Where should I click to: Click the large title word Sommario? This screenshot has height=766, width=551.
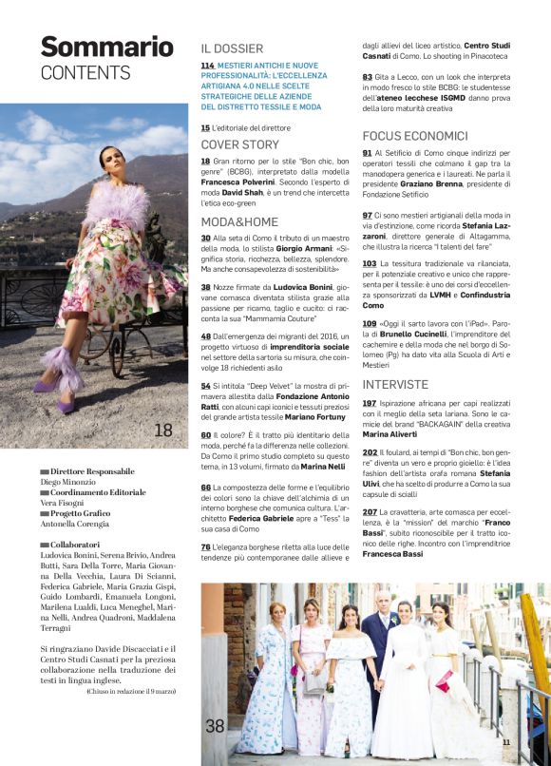point(106,47)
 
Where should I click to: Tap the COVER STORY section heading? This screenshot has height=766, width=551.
point(239,144)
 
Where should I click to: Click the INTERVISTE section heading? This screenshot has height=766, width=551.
point(396,385)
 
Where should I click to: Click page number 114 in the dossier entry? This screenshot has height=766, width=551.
point(207,66)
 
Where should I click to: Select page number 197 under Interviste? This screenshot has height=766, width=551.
point(369,404)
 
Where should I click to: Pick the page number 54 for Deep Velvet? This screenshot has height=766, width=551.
point(205,386)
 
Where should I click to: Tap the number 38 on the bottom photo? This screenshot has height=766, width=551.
point(216,726)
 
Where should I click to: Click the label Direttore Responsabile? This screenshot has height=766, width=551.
point(92,472)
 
